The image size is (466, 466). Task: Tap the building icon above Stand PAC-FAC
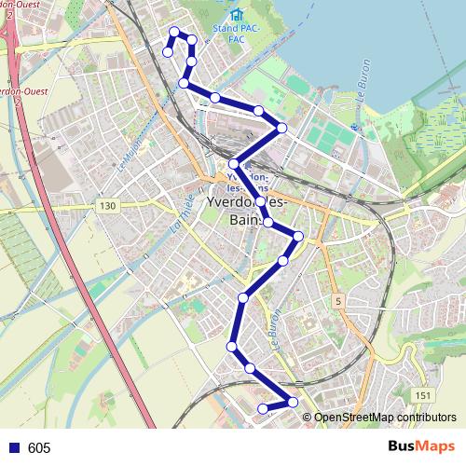237,15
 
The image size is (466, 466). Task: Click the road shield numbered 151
423,396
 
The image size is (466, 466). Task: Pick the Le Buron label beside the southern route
273,328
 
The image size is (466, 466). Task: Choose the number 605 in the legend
39,448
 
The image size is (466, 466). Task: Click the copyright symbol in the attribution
307,417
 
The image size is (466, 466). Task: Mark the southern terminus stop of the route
263,408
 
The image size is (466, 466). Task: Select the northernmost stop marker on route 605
173,31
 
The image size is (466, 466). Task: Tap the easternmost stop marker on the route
299,236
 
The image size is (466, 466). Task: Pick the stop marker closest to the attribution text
293,402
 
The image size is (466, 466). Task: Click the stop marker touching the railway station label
234,163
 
